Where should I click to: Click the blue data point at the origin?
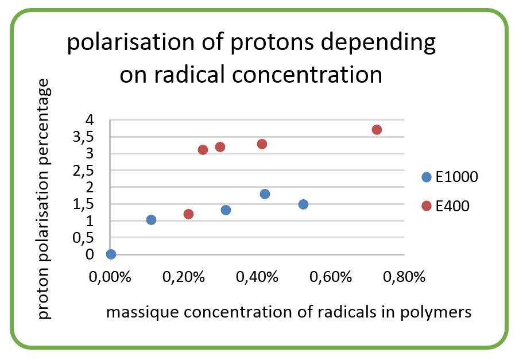click(111, 254)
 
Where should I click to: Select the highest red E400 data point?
click(377, 130)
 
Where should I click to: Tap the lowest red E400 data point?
click(188, 214)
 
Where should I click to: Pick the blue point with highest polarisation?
click(265, 194)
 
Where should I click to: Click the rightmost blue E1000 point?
click(303, 204)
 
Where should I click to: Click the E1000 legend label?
click(457, 177)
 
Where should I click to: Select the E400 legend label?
click(452, 206)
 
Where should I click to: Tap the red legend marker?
click(427, 206)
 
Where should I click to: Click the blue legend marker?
click(427, 177)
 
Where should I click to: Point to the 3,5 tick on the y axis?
click(83, 137)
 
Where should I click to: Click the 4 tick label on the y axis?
click(90, 119)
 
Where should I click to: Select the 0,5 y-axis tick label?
click(83, 238)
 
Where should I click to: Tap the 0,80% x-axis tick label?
click(404, 277)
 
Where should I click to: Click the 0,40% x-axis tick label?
click(257, 277)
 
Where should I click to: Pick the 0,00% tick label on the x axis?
click(110, 277)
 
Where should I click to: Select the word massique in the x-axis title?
click(142, 312)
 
